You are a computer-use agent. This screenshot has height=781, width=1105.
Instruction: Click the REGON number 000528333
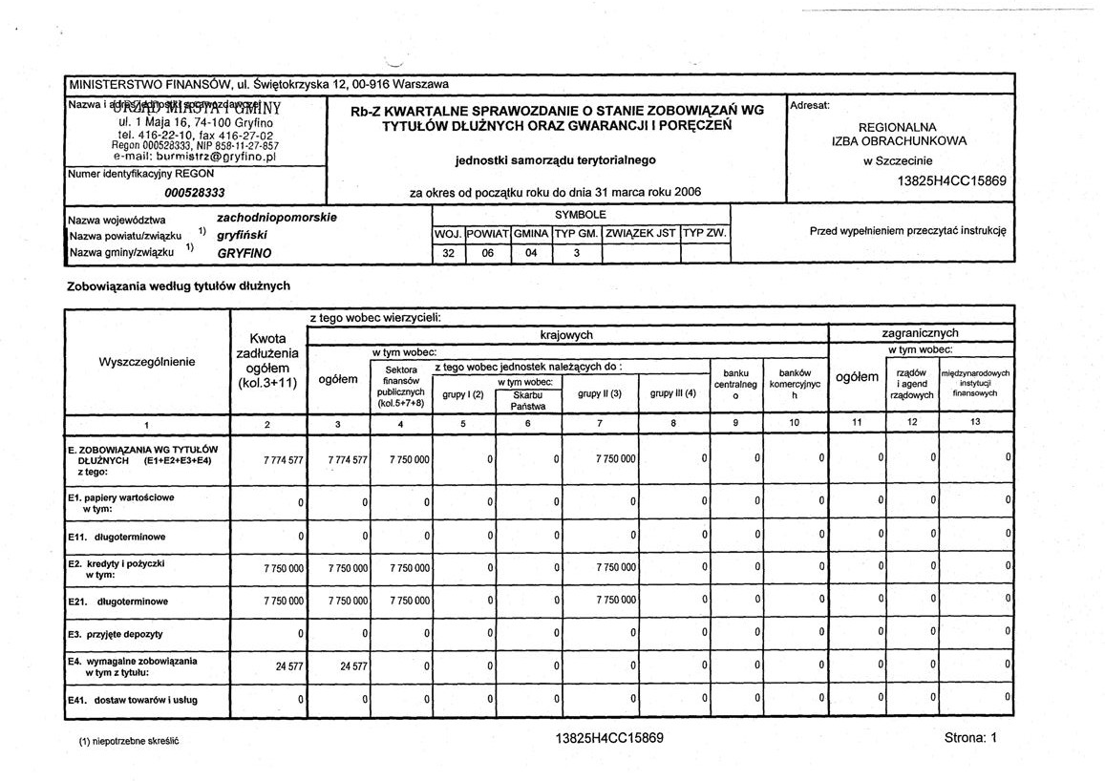click(x=194, y=192)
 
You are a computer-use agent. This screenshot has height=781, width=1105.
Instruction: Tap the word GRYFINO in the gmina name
click(x=244, y=254)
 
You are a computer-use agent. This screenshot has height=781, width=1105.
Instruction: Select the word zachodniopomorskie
click(x=277, y=218)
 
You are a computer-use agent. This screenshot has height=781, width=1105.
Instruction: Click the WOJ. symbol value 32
click(x=449, y=254)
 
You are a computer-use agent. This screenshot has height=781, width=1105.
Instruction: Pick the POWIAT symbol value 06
click(x=488, y=254)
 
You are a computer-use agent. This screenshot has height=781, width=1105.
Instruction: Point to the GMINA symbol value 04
click(x=531, y=254)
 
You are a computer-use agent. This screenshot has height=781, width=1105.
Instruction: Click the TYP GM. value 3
click(x=576, y=254)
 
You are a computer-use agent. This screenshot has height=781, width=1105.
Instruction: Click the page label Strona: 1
click(x=969, y=738)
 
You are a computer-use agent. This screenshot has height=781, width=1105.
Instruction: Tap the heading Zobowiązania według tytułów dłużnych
click(x=178, y=285)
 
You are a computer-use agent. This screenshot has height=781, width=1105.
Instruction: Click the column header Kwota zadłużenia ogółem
click(x=266, y=361)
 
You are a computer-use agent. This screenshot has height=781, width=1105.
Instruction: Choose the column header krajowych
click(x=566, y=334)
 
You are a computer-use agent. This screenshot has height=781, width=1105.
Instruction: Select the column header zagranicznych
click(x=920, y=333)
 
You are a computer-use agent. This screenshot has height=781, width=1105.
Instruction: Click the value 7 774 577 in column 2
click(x=284, y=459)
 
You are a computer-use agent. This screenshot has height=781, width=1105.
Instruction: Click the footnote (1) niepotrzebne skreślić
click(x=129, y=740)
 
